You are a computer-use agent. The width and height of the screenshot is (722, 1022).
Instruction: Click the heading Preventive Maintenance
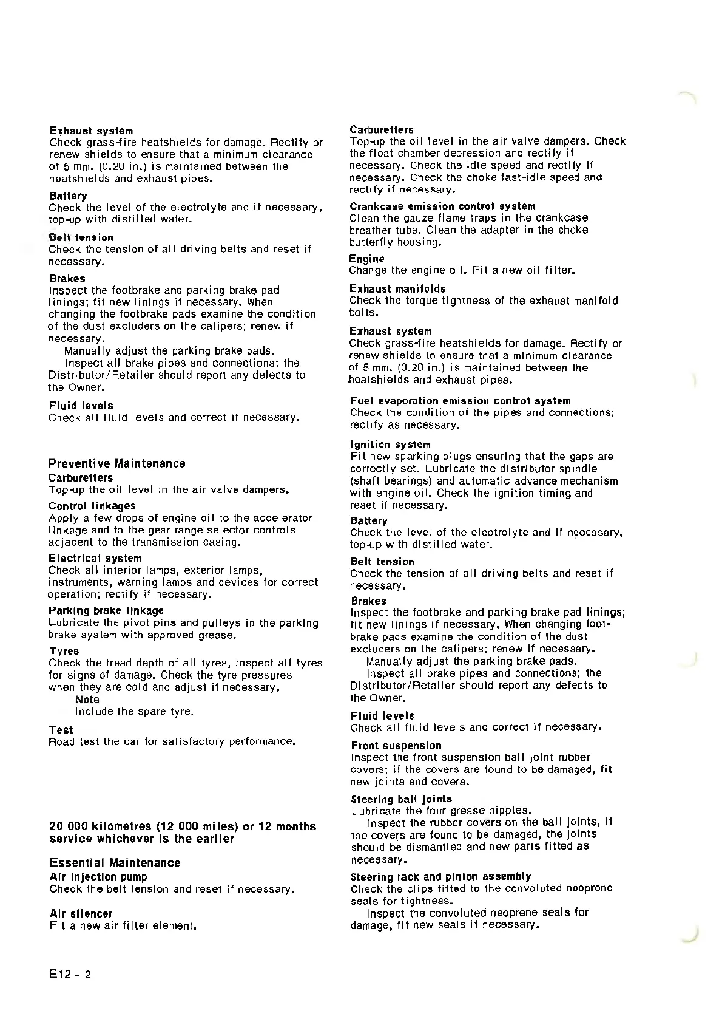(x=116, y=463)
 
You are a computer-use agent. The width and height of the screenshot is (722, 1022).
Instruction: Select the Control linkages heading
(x=92, y=506)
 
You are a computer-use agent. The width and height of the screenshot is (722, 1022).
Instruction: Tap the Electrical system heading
(x=95, y=558)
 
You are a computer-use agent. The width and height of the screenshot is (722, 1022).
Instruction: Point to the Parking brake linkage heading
(x=106, y=610)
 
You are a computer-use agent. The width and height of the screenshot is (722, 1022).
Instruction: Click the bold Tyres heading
(x=64, y=651)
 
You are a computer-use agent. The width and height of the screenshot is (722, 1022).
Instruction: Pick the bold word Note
(x=87, y=700)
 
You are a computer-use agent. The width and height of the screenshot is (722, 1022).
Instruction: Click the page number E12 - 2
(x=70, y=975)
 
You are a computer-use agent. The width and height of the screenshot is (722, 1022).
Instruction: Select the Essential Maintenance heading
(x=115, y=863)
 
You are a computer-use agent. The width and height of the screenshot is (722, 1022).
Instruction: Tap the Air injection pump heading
(x=98, y=876)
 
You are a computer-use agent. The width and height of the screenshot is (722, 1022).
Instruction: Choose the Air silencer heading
(x=81, y=913)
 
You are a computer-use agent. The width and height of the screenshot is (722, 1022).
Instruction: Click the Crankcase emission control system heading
(x=442, y=206)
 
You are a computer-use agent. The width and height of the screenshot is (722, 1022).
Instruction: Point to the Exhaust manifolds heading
(x=397, y=288)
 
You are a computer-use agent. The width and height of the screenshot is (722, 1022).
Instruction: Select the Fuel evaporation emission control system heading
(x=460, y=401)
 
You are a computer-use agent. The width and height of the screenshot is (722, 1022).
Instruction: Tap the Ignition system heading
(x=390, y=445)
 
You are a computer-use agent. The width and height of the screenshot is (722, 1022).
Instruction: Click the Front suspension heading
(x=396, y=745)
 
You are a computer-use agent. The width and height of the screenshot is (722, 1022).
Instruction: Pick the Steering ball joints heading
(x=401, y=799)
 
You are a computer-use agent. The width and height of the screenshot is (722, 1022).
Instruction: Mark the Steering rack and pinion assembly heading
(x=440, y=876)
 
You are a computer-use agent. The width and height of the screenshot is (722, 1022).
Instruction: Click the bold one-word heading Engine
(x=366, y=259)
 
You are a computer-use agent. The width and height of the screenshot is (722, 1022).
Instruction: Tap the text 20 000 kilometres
(x=101, y=826)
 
